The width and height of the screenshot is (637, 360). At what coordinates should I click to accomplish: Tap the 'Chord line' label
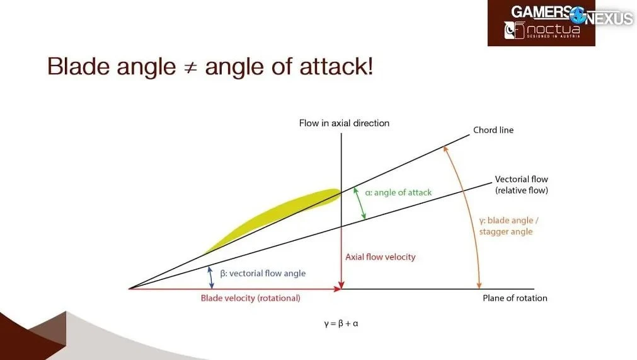tap(493, 130)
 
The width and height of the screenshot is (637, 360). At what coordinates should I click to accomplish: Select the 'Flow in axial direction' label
tap(344, 123)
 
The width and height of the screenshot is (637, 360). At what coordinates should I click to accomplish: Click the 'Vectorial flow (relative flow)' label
tap(521, 185)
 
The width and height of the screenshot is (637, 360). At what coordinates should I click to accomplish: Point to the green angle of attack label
tap(398, 192)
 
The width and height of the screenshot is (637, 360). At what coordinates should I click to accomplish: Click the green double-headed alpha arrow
tap(360, 203)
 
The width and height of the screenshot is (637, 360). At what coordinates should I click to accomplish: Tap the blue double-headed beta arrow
tap(210, 277)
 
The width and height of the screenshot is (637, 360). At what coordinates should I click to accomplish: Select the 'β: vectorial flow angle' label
tap(263, 274)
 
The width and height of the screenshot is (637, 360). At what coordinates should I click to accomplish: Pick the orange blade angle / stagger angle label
tap(508, 226)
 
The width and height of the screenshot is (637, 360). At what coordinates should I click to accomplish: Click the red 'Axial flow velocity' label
tap(381, 257)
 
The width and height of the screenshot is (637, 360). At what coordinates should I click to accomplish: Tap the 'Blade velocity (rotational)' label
tap(251, 298)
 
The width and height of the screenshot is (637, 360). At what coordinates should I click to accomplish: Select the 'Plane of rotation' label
tap(515, 298)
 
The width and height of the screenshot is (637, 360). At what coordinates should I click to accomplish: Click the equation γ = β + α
tap(341, 324)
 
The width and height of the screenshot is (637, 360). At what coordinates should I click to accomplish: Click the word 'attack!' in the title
tap(336, 66)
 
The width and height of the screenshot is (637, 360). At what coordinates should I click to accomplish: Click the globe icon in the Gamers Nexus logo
tap(578, 15)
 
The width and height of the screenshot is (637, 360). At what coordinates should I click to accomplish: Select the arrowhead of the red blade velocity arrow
tap(338, 289)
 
